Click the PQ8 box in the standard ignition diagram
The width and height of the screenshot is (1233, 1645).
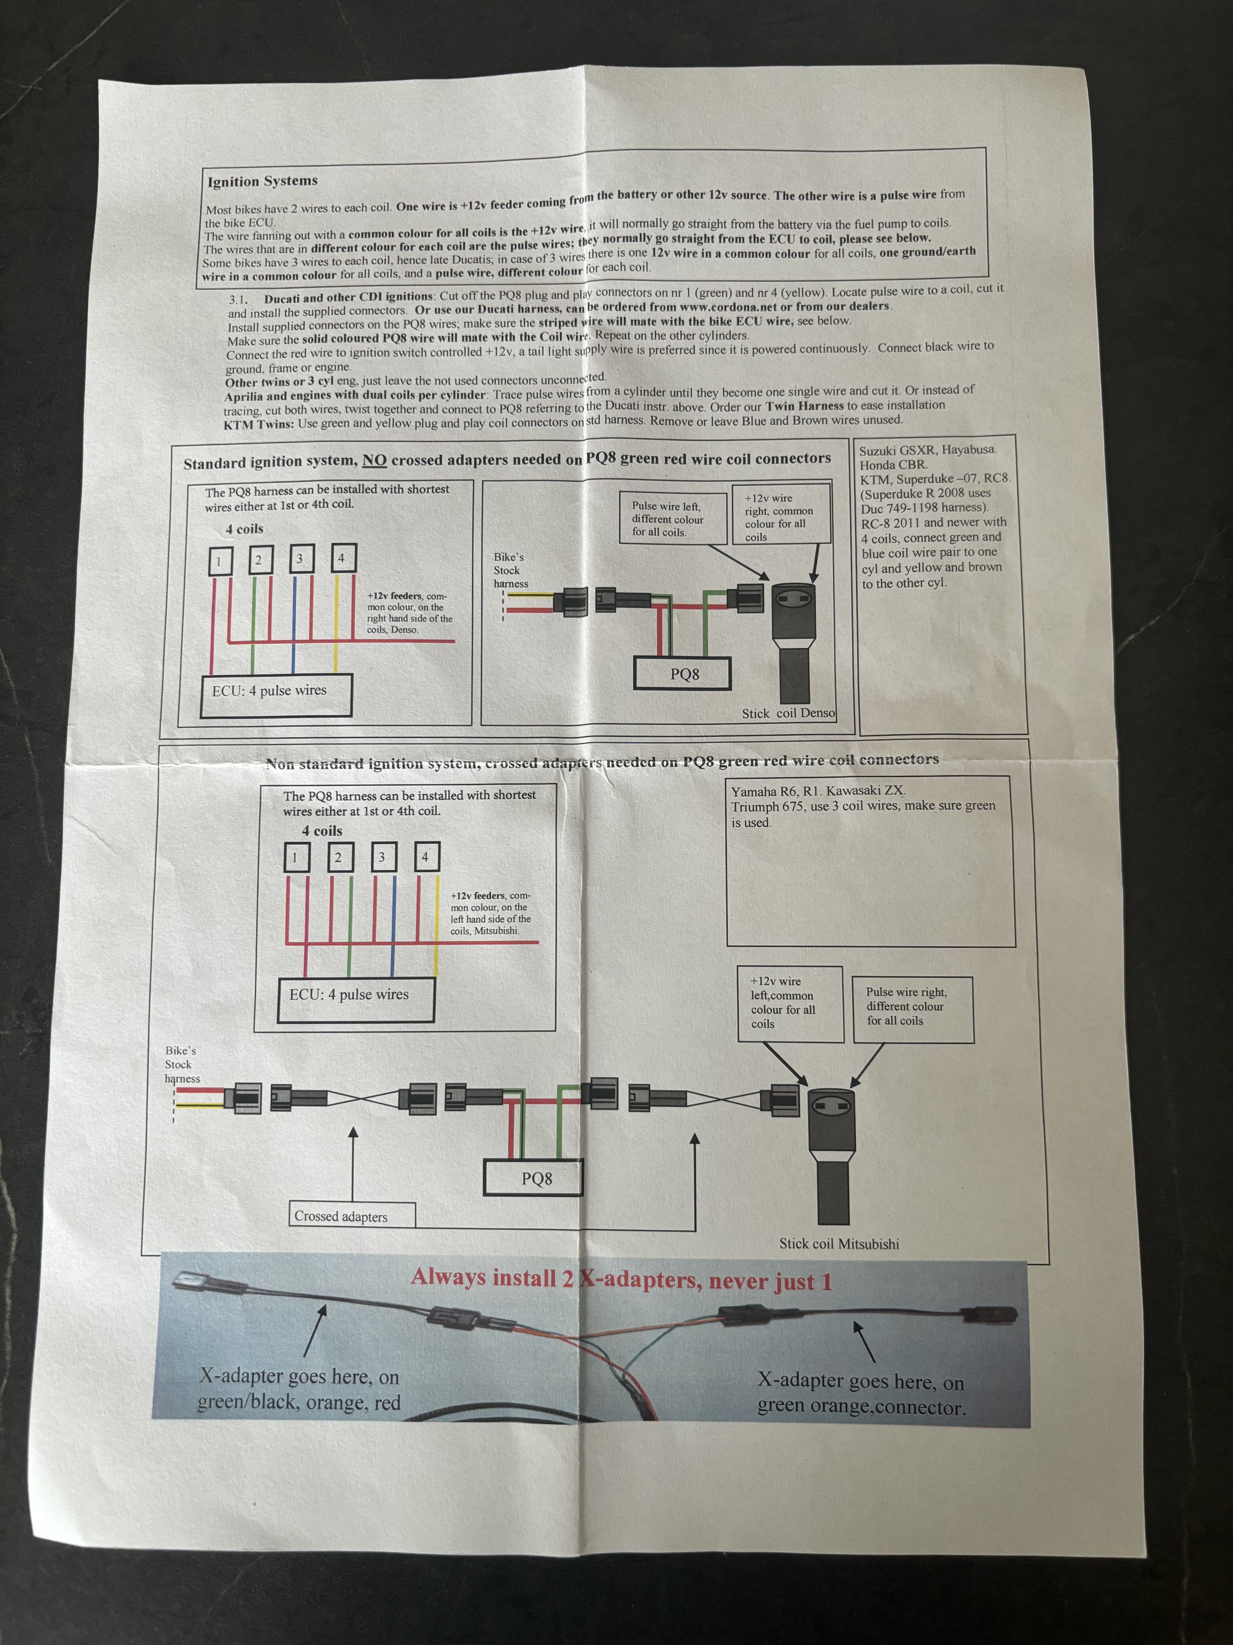point(684,674)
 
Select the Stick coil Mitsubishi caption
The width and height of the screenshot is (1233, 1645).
point(838,1244)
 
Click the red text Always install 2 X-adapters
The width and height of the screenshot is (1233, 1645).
point(621,1279)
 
